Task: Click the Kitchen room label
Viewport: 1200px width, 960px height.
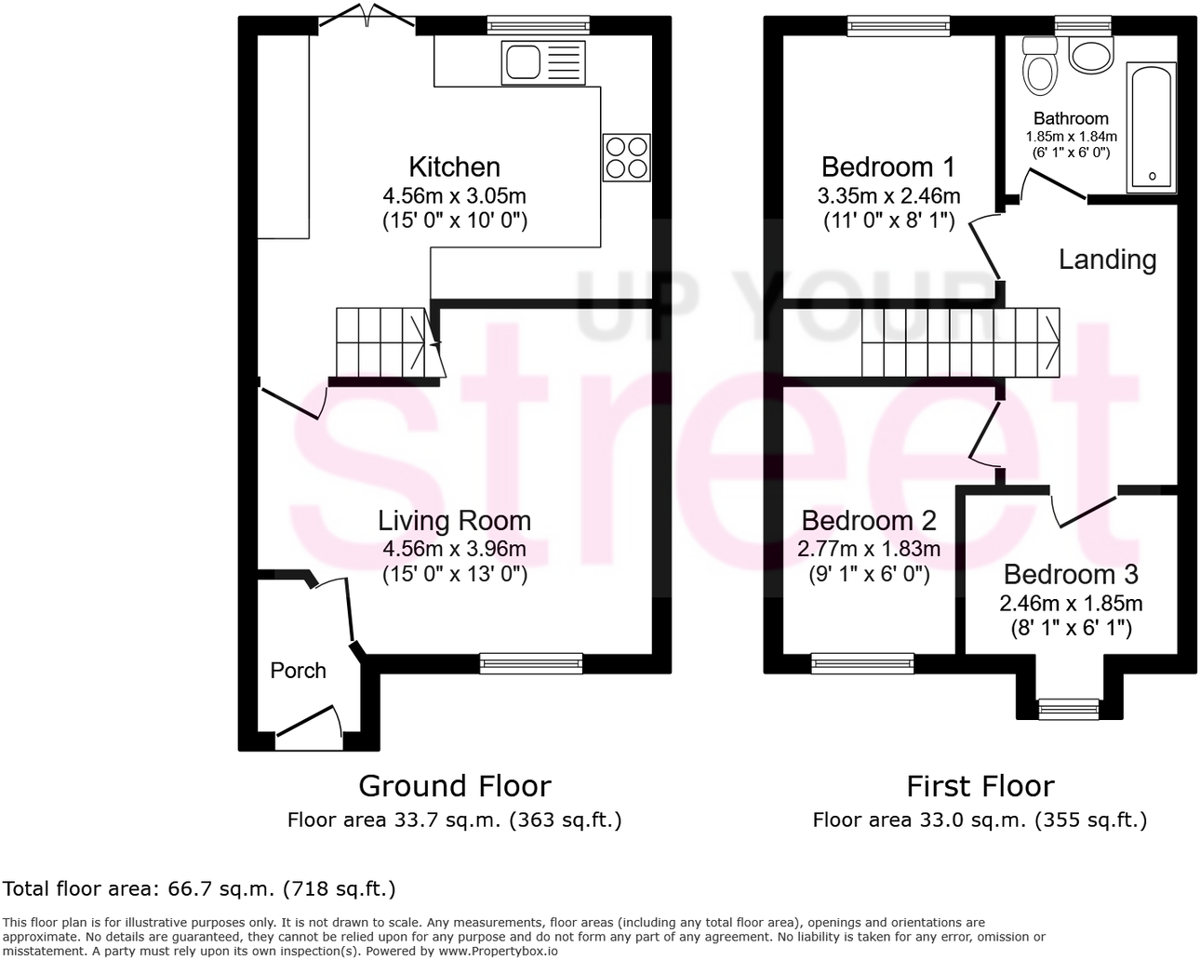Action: click(454, 167)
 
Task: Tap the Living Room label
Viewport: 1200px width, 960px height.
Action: click(454, 521)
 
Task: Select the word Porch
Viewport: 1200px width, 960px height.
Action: click(298, 671)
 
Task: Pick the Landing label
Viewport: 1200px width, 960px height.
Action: click(1107, 260)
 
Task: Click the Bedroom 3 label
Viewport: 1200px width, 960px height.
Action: click(1071, 575)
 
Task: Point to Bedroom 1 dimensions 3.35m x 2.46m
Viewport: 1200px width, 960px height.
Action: click(888, 196)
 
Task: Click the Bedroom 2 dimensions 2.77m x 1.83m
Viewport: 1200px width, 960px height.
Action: click(868, 549)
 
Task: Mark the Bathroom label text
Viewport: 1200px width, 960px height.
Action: click(1071, 118)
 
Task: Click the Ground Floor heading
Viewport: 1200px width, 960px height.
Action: click(455, 787)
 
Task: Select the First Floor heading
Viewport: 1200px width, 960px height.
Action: click(980, 787)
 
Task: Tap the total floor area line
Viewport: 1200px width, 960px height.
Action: click(200, 889)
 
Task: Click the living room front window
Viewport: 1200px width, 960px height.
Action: click(531, 662)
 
